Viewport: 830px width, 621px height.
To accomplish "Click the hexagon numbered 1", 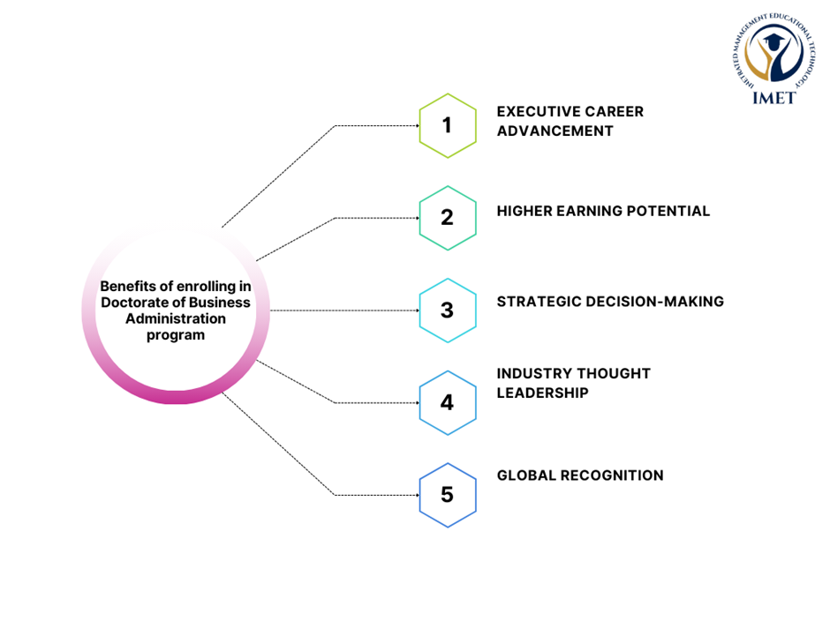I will pyautogui.click(x=447, y=125).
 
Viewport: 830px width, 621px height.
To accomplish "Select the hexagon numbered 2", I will pyautogui.click(x=447, y=218).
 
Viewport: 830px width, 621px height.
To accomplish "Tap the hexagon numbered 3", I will pyautogui.click(x=447, y=310).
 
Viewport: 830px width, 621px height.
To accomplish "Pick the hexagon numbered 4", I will pyautogui.click(x=447, y=403).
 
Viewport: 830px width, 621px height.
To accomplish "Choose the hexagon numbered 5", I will pyautogui.click(x=447, y=495).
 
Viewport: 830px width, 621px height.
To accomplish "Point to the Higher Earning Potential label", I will pyautogui.click(x=603, y=211).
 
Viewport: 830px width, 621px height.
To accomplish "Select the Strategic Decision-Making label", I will pyautogui.click(x=610, y=302).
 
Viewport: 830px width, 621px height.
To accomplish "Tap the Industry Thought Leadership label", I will pyautogui.click(x=573, y=383).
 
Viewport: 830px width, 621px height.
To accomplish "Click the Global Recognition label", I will pyautogui.click(x=580, y=475).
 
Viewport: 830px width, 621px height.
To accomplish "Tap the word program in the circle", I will pyautogui.click(x=175, y=335).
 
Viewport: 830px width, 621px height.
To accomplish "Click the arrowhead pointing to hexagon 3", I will pyautogui.click(x=417, y=310).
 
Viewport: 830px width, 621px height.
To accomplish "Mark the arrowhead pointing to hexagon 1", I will pyautogui.click(x=417, y=125).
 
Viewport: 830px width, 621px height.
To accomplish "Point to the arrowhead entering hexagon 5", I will pyautogui.click(x=417, y=495).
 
